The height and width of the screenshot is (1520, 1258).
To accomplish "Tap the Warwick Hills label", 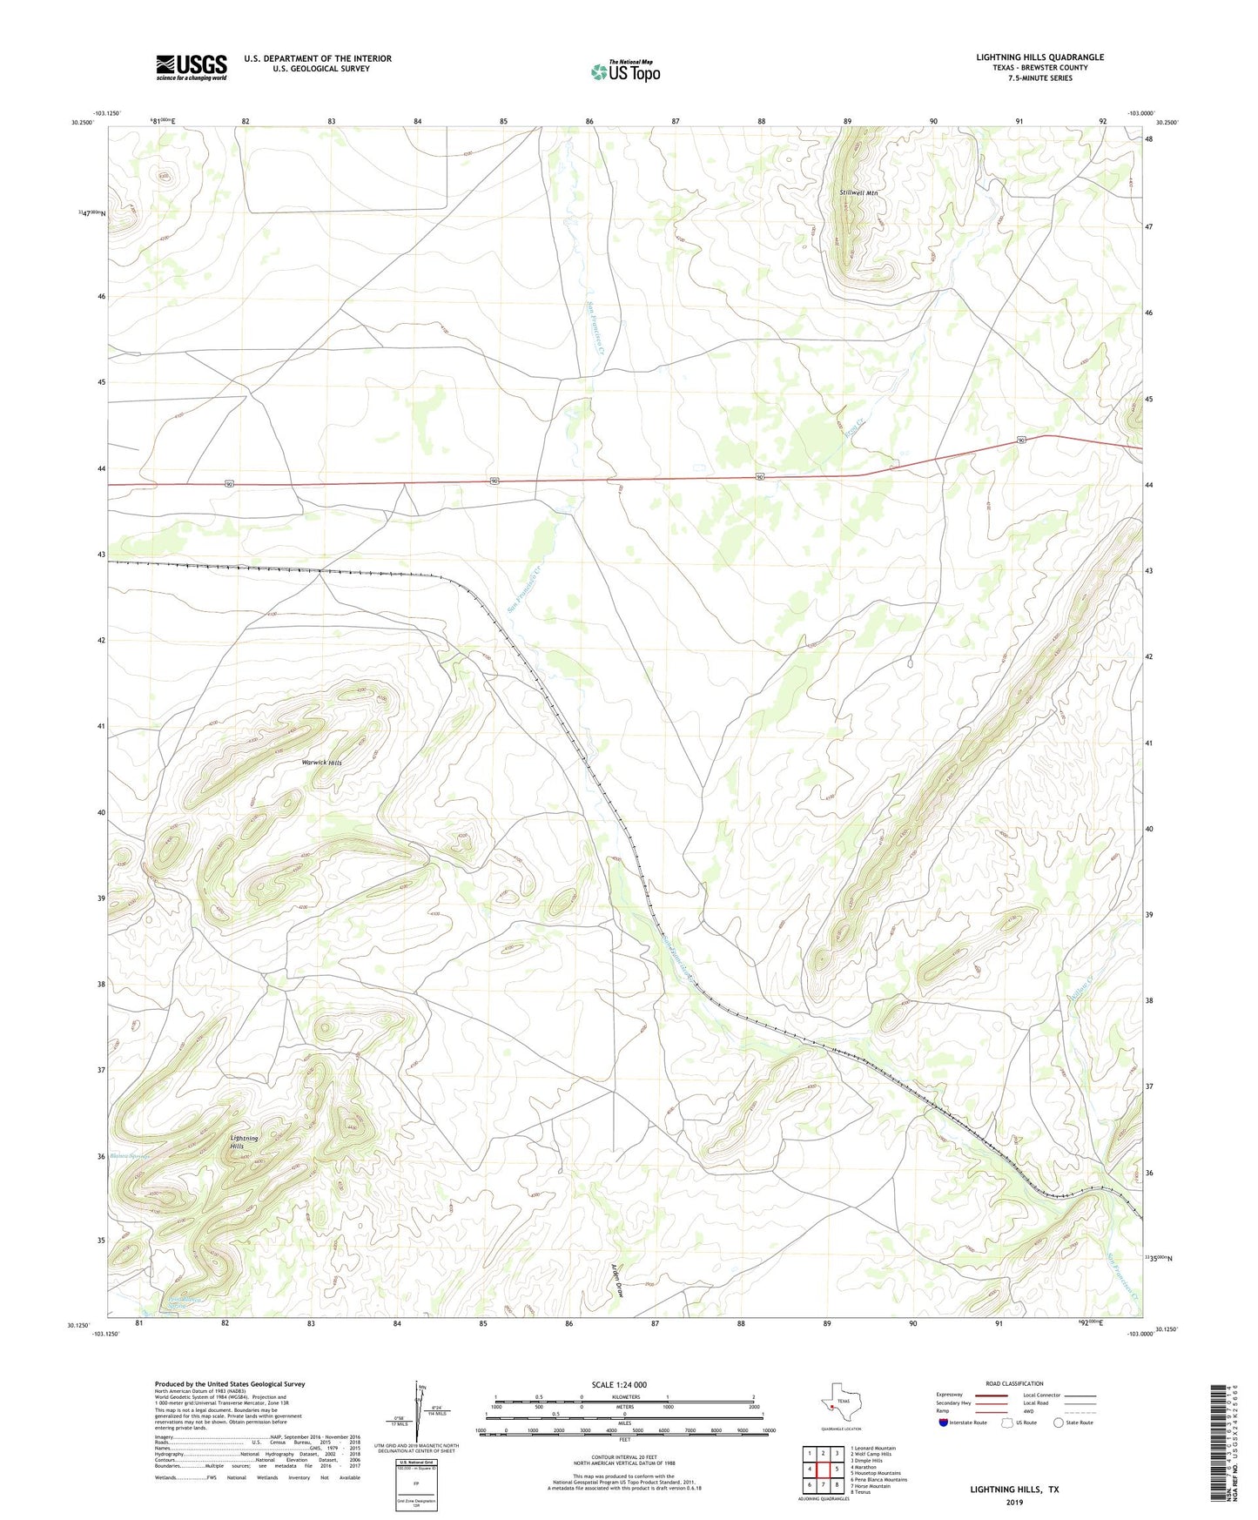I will coord(321,763).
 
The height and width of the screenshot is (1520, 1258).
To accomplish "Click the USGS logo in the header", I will coord(192,67).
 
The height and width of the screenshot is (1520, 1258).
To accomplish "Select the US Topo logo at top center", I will coord(626,71).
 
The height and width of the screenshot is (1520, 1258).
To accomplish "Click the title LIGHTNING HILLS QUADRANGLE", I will coord(1039,57).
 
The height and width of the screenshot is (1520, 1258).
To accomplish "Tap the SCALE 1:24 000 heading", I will coord(619,1385).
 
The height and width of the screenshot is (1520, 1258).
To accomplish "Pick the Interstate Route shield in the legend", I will coord(944,1422).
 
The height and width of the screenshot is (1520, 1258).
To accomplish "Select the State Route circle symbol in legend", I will coord(1059,1422).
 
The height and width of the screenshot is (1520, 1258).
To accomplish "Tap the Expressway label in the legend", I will coord(949,1395).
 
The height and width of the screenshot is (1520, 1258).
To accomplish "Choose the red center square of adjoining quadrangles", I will coord(823,1470).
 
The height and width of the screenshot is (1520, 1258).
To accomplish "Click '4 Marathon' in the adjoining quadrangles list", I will coord(864,1467).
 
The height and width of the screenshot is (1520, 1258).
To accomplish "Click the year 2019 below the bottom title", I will coord(1014,1503).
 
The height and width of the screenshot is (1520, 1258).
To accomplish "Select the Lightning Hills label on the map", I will coord(244,1142).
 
